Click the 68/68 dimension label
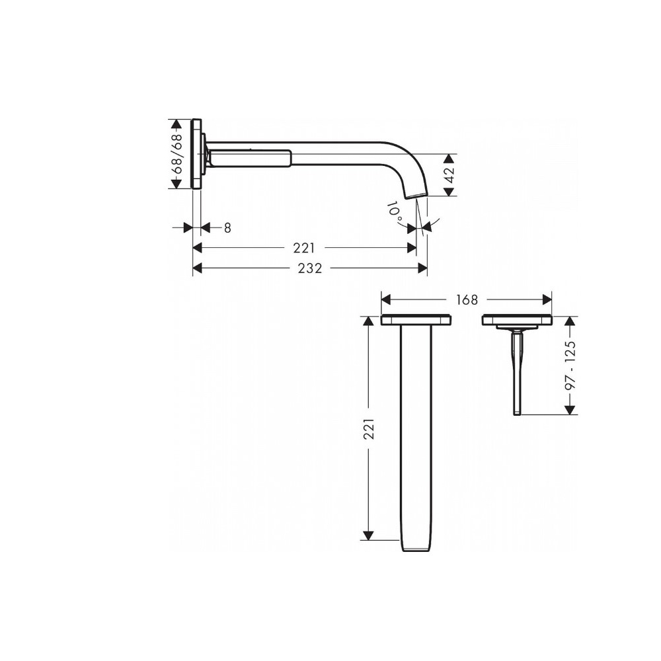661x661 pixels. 177,154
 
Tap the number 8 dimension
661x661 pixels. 227,227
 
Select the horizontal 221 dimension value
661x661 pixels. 305,248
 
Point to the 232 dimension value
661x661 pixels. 309,268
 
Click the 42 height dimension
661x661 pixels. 449,175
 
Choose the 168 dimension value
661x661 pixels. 466,299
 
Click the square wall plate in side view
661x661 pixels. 196,154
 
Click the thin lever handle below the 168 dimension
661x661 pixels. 517,373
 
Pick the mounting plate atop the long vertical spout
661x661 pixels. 416,321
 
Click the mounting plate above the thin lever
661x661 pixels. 517,321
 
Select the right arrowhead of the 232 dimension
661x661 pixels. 423,268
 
